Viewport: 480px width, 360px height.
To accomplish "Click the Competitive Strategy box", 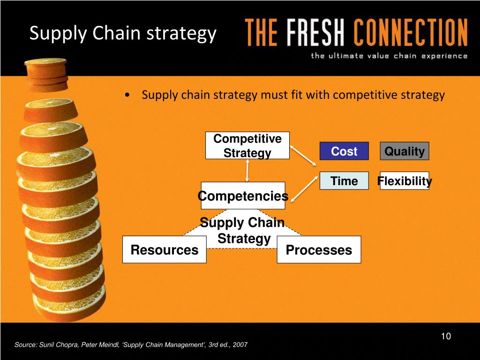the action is tap(247, 145).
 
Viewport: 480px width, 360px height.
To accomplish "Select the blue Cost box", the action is tap(344, 151).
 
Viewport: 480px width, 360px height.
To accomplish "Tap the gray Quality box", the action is tap(405, 151).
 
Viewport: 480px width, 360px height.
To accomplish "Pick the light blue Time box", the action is tap(344, 180).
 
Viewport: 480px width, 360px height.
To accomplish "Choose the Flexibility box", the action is tap(405, 180).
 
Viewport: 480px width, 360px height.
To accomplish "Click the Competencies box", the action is tap(243, 195).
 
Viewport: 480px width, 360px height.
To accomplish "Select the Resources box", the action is tap(165, 249).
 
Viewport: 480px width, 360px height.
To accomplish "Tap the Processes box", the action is tap(319, 249).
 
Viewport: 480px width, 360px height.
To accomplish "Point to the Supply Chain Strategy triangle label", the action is tap(243, 230).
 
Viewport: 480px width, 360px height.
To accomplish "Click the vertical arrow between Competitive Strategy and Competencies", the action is tap(247, 171).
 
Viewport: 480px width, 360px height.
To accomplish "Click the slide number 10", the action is tap(446, 336).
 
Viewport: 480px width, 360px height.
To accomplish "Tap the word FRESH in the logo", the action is tap(315, 32).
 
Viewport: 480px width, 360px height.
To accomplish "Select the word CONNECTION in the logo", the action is tap(411, 32).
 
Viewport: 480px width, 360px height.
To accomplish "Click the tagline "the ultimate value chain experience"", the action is tap(389, 56).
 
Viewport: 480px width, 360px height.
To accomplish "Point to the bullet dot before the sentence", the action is tap(127, 95).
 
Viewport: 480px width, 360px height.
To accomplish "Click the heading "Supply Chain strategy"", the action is tap(123, 33).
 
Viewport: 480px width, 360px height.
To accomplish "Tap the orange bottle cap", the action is tap(46, 75).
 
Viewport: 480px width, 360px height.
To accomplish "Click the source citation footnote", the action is tap(131, 345).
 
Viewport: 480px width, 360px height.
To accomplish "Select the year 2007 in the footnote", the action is tap(240, 345).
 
